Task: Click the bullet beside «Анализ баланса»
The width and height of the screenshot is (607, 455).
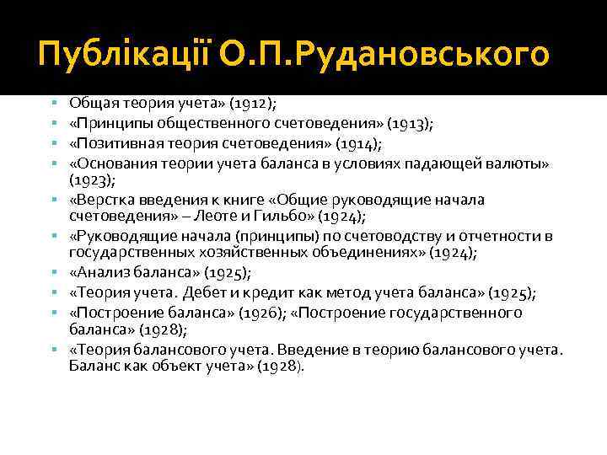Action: (53, 273)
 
